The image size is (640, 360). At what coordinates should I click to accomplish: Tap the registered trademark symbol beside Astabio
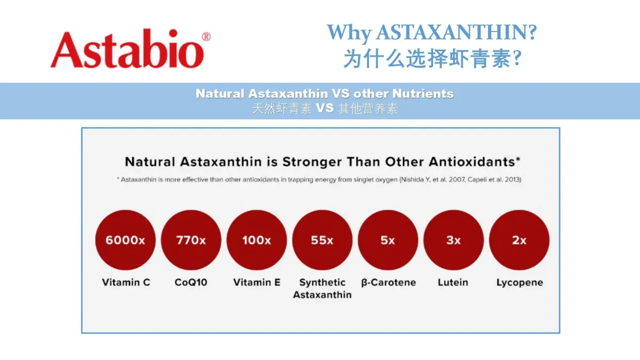[206, 37]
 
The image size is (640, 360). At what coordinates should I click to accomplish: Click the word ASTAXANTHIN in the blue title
[451, 32]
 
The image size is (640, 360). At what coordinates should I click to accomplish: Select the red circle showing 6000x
[125, 240]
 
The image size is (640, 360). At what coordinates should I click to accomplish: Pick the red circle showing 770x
[191, 240]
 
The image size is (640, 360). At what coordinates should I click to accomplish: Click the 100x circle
[257, 240]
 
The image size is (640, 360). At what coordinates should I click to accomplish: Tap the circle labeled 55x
[322, 240]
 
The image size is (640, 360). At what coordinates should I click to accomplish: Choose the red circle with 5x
[388, 240]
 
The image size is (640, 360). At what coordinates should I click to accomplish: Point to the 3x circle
[453, 240]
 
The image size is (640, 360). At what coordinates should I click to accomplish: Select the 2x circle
[519, 240]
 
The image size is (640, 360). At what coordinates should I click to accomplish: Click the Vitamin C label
[126, 282]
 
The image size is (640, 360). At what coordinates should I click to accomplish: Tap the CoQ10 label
[191, 282]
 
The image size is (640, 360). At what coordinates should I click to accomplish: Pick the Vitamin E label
[257, 282]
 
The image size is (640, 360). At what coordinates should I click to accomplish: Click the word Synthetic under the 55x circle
[322, 283]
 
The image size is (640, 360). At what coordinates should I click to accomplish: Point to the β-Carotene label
[389, 283]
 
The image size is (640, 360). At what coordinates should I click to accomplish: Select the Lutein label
[453, 282]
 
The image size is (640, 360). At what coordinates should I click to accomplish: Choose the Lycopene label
[519, 283]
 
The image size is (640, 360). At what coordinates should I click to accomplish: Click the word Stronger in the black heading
[313, 162]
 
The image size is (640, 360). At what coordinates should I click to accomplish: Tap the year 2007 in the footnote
[457, 180]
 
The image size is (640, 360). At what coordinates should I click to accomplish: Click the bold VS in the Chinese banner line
[325, 108]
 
